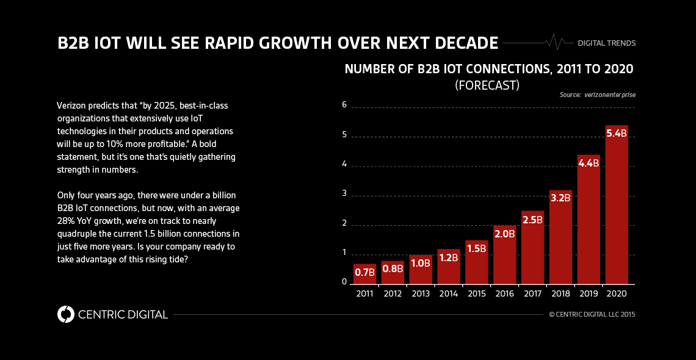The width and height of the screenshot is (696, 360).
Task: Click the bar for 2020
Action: pos(617,207)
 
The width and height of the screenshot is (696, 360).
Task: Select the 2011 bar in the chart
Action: pos(364,275)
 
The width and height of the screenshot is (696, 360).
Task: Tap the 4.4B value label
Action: pos(589,163)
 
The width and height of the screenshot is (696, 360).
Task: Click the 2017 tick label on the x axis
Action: pos(532,293)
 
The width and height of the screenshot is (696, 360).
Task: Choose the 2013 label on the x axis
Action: pos(420,293)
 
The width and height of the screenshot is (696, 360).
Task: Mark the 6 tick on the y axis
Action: pos(344,105)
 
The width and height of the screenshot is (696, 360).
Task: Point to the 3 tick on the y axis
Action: pos(344,193)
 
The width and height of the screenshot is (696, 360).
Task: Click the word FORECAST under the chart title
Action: pos(487,86)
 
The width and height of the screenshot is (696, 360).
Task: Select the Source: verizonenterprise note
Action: pos(596,95)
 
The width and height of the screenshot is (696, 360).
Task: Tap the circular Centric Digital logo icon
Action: pos(65,314)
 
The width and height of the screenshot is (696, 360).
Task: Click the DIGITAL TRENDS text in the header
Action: pos(606,43)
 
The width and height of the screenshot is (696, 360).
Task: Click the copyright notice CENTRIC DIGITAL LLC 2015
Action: pos(592,315)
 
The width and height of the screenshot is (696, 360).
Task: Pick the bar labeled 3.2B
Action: pos(560,238)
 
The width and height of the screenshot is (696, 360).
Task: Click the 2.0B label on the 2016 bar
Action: pos(504,233)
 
